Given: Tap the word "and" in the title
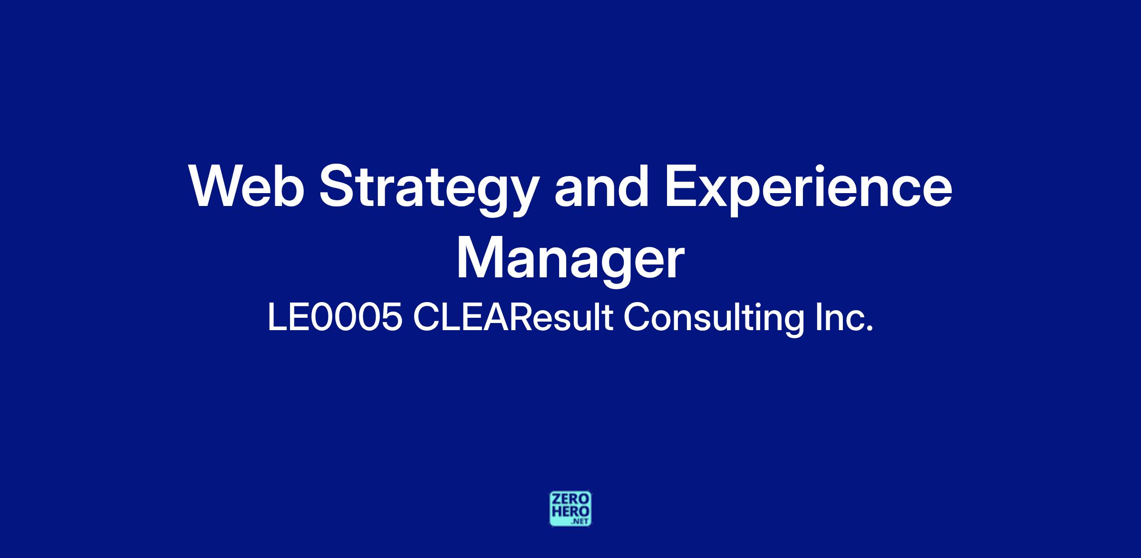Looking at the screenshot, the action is tap(602, 186).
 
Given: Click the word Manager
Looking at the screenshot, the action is tap(570, 259).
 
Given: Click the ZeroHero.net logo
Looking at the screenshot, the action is tap(570, 509).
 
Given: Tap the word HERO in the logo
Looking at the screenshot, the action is tap(570, 511).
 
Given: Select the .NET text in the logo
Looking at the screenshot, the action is tap(581, 521).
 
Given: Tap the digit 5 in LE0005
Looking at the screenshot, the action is tap(391, 318).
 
